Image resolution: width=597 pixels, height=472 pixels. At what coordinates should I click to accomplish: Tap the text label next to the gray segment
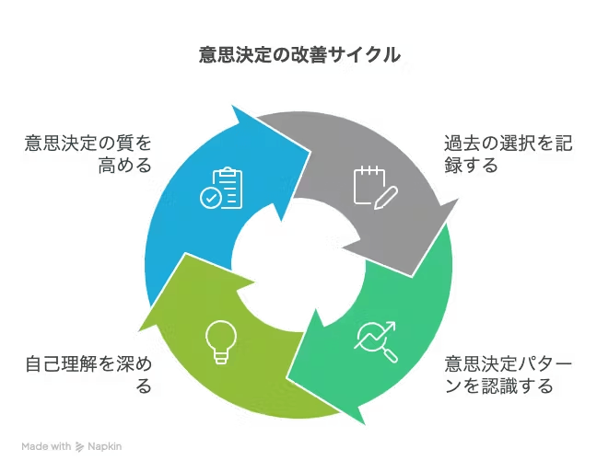coord(508,155)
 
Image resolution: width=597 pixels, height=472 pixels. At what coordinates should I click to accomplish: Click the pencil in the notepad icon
coord(386,196)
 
